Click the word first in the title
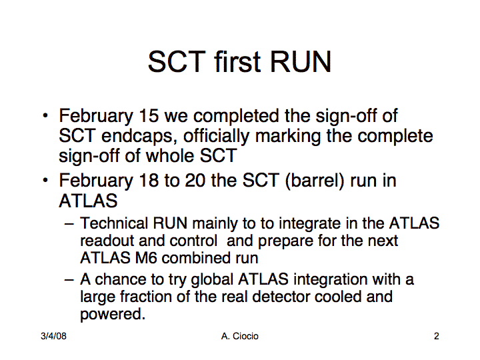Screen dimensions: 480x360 point(237,61)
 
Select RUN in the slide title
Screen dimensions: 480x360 point(301,61)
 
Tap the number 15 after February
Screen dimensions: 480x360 point(149,116)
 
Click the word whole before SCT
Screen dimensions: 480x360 point(170,155)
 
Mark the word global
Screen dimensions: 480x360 point(212,280)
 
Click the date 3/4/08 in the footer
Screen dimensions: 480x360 point(53,336)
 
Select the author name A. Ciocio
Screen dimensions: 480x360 point(240,336)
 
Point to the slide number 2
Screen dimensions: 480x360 point(437,336)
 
